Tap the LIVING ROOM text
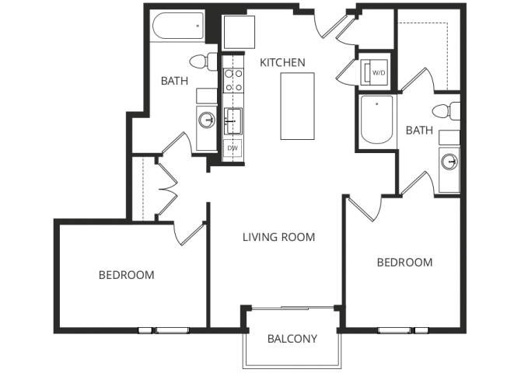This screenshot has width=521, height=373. tap(278, 237)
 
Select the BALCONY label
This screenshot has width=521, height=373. tap(292, 338)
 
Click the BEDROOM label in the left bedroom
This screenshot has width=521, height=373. tap(126, 275)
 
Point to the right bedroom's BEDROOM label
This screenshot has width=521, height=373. tap(404, 263)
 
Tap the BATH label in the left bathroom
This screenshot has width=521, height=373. tap(173, 80)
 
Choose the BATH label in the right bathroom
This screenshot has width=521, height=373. tap(419, 131)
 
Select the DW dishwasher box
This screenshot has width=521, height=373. tap(233, 148)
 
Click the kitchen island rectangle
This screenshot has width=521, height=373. tap(297, 106)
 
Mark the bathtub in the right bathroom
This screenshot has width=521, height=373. tap(377, 120)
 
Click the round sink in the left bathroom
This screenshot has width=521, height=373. tap(207, 120)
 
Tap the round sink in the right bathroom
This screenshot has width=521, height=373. tap(448, 162)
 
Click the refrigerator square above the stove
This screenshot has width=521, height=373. tap(236, 33)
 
